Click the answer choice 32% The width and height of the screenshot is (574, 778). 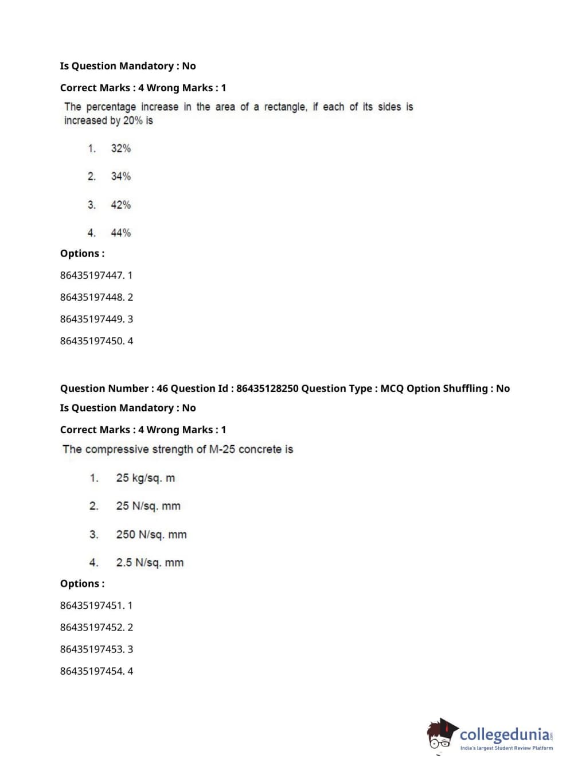point(120,149)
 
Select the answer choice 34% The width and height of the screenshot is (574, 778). point(120,176)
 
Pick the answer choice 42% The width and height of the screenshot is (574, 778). point(120,205)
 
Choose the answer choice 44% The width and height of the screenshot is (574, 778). point(120,233)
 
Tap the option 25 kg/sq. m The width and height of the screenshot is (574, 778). point(145,478)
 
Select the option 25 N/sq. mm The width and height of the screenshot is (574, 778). point(148,506)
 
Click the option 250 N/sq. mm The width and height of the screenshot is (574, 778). point(151,535)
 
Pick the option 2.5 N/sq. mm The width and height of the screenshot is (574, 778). point(150,563)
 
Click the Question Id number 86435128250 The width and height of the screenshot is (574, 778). point(267,388)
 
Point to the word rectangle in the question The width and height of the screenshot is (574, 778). point(285,107)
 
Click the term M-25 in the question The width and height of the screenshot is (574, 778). point(222,449)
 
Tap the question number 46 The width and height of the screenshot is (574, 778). point(162,388)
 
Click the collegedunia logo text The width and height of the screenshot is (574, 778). point(505,734)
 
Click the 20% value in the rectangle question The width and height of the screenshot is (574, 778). point(133,120)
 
